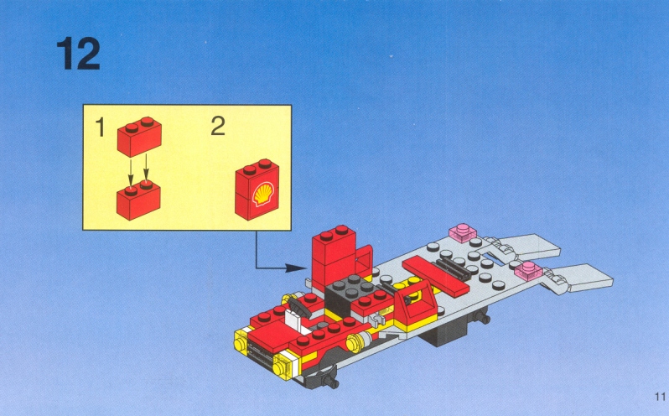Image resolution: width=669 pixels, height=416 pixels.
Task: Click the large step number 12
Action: (79, 54)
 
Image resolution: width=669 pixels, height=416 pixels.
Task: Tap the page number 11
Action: (660, 397)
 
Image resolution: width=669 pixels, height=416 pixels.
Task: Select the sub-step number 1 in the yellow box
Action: (101, 127)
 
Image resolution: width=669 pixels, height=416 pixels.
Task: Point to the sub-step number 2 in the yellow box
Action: (218, 126)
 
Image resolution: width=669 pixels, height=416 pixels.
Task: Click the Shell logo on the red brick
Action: (263, 194)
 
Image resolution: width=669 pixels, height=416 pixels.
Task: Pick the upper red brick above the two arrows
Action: (139, 137)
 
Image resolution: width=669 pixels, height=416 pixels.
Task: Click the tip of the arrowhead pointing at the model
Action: (306, 268)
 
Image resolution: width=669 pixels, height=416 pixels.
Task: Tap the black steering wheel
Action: (298, 306)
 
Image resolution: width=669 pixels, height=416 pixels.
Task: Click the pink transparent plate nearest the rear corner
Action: (463, 232)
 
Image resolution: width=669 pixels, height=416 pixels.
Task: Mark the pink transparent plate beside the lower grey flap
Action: (528, 271)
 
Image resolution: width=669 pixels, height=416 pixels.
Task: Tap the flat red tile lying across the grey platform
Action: (435, 276)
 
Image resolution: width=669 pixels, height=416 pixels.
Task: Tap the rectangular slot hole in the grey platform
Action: (494, 258)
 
